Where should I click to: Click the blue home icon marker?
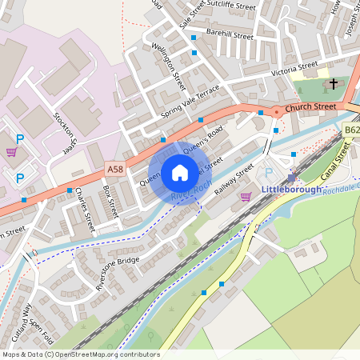click(x=180, y=173)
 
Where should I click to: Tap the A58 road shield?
click(x=114, y=170)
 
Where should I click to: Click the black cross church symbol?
click(x=331, y=83)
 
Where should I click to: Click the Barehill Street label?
click(x=229, y=36)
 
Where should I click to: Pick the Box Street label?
click(x=110, y=202)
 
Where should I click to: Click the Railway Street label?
click(x=234, y=179)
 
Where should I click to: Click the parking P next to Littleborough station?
click(x=269, y=173)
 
